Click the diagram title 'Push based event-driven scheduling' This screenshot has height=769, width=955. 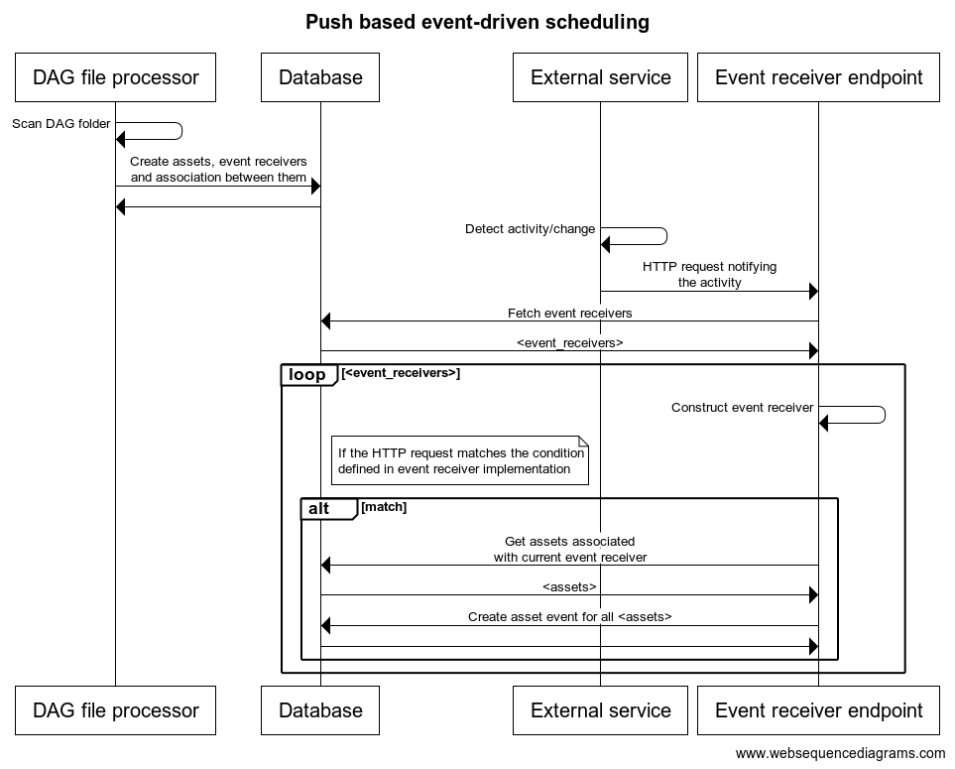[x=477, y=22]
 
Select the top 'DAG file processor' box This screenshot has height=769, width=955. [x=116, y=77]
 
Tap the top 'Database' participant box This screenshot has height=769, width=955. [x=320, y=77]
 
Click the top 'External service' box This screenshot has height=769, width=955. [x=601, y=77]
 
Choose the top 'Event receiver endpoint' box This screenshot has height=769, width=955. [x=818, y=77]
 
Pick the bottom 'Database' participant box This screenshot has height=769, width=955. [x=320, y=710]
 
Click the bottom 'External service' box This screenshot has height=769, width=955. [x=601, y=710]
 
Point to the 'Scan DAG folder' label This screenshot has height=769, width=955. [x=60, y=124]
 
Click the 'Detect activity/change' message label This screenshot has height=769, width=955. [x=530, y=229]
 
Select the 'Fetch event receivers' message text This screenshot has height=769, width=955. [x=570, y=314]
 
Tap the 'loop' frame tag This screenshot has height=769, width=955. [x=308, y=375]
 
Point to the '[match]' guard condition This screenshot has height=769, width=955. [x=384, y=507]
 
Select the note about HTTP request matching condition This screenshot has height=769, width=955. [x=460, y=460]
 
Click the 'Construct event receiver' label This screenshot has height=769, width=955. [x=743, y=408]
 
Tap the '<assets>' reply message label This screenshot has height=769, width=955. [x=569, y=587]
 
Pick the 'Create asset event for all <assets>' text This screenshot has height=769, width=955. [x=570, y=616]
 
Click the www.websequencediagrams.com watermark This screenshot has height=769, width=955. [x=841, y=754]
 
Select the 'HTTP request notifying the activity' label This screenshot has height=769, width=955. [x=709, y=274]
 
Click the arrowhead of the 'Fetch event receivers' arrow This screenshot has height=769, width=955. [x=325, y=321]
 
